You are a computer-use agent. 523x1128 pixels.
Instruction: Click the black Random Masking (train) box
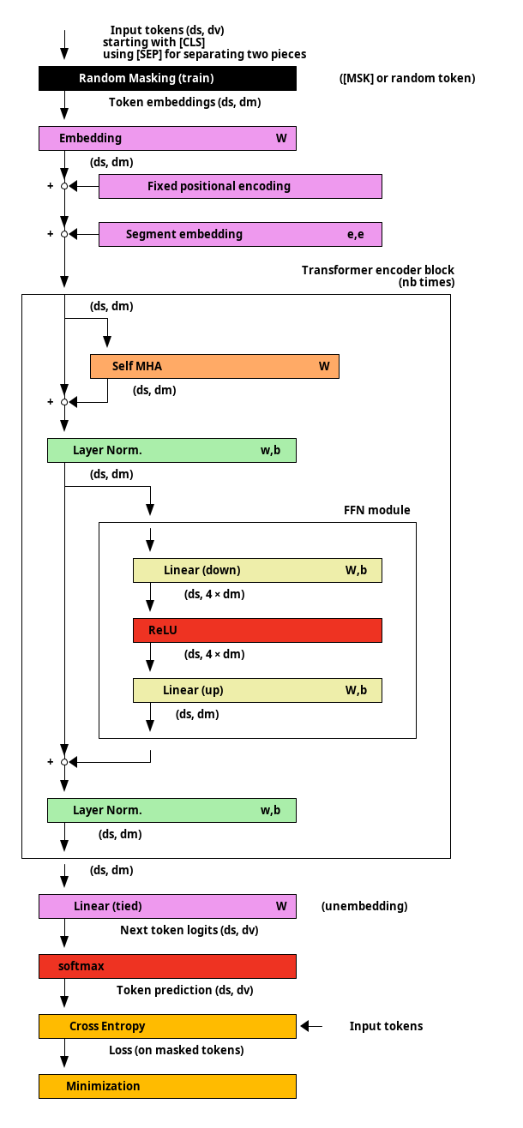point(167,79)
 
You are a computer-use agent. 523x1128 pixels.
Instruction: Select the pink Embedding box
point(167,139)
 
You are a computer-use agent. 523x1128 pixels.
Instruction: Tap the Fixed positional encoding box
point(240,186)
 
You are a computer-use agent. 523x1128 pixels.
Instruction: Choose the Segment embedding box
point(240,234)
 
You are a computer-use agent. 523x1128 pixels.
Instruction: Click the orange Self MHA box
point(214,366)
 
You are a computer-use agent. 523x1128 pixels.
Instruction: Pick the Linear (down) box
point(257,570)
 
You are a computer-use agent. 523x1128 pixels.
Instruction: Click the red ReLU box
point(257,630)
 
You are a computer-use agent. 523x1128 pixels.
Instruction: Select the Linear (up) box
point(257,690)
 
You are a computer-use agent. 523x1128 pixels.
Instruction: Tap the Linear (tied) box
point(167,906)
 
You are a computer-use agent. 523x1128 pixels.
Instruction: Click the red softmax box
point(167,966)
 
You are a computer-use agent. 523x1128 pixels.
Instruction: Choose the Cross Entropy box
point(167,1026)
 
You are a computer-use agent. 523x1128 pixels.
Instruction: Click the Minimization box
point(167,1086)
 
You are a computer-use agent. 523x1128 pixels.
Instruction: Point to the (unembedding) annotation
point(364,906)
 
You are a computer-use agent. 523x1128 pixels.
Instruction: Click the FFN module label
point(377,510)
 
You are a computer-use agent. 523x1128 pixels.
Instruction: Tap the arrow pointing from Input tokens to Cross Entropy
point(311,1026)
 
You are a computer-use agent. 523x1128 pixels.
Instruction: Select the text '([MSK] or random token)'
point(407,79)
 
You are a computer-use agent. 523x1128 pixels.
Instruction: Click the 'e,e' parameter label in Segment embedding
point(356,235)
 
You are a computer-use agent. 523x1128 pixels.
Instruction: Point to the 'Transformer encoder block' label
point(378,270)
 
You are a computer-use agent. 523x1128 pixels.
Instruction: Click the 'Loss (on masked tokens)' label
point(177,1050)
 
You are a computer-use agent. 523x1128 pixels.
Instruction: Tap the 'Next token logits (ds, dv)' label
point(189,930)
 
